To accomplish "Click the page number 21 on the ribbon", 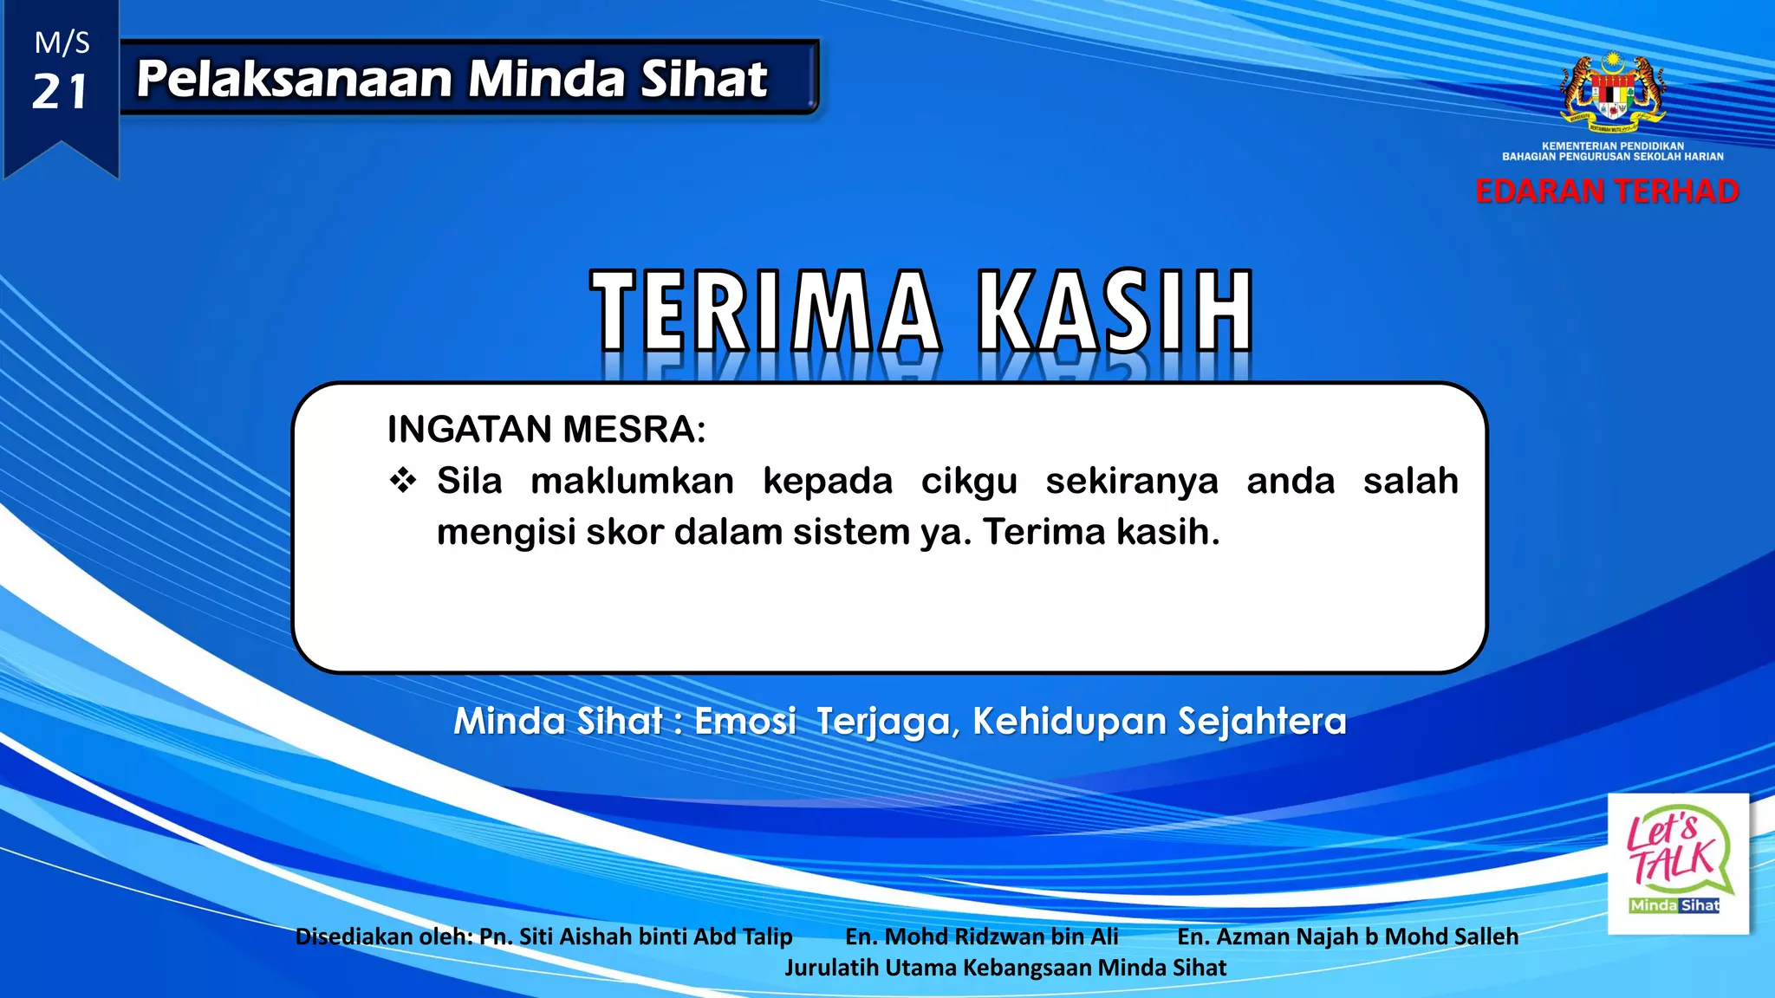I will coord(60,92).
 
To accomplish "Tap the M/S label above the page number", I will coord(62,42).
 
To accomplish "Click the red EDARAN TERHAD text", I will coord(1607,191).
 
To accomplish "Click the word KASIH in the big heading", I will coord(1115,311).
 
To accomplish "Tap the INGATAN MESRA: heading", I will coord(546,430).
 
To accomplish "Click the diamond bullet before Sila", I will coord(403,480).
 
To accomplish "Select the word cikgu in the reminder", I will coord(968,482).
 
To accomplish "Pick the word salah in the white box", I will coord(1410,481).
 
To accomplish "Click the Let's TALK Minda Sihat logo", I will coord(1677,863).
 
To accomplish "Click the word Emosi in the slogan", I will coord(744,722).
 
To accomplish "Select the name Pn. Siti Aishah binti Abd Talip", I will coord(635,936).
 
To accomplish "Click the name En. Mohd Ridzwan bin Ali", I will coord(981,936).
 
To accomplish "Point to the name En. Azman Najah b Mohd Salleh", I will coord(1347,936).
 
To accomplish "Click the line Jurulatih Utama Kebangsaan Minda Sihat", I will coord(1005,968).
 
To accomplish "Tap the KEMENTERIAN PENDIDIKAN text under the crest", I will coord(1612,146).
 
